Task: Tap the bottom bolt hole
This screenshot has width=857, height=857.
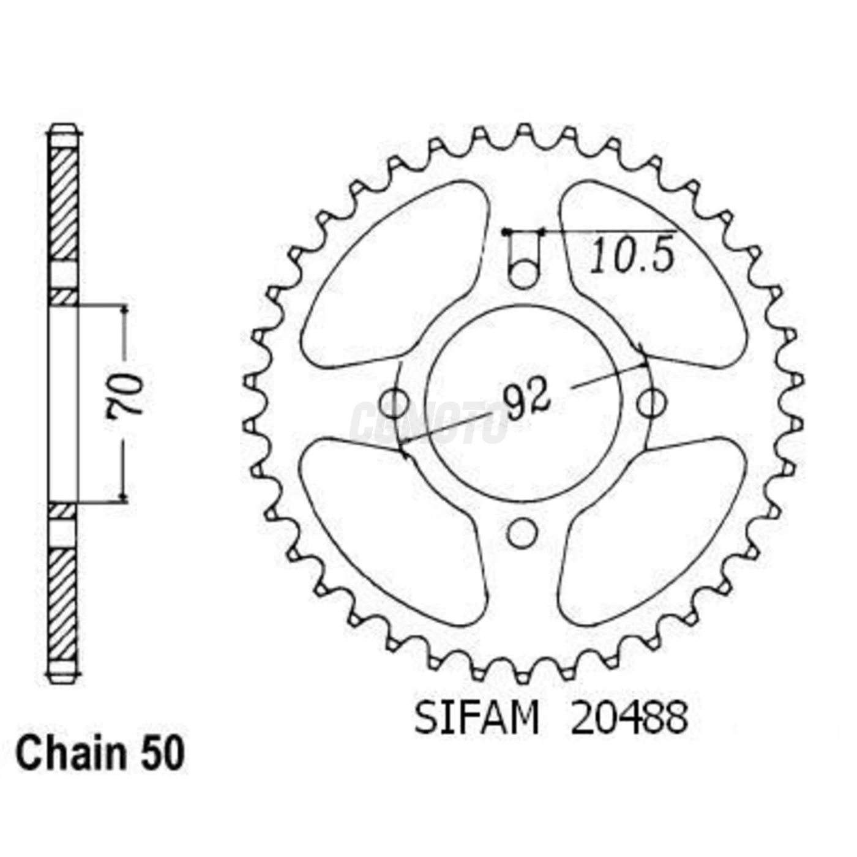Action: click(x=522, y=533)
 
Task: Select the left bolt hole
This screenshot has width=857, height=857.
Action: click(x=394, y=403)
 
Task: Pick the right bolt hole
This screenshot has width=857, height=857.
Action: click(x=651, y=403)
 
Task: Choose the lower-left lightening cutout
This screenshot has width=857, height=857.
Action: click(x=392, y=526)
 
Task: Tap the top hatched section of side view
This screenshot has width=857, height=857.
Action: click(x=63, y=202)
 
